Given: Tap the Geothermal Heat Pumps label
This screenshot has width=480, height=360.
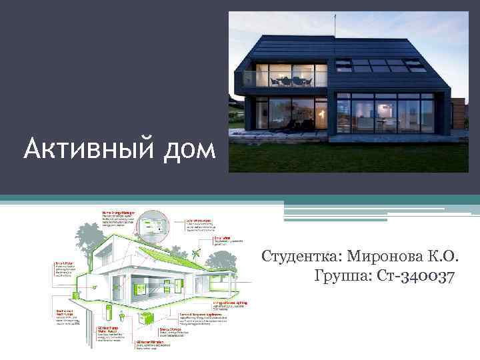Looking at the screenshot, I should [65, 311].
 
